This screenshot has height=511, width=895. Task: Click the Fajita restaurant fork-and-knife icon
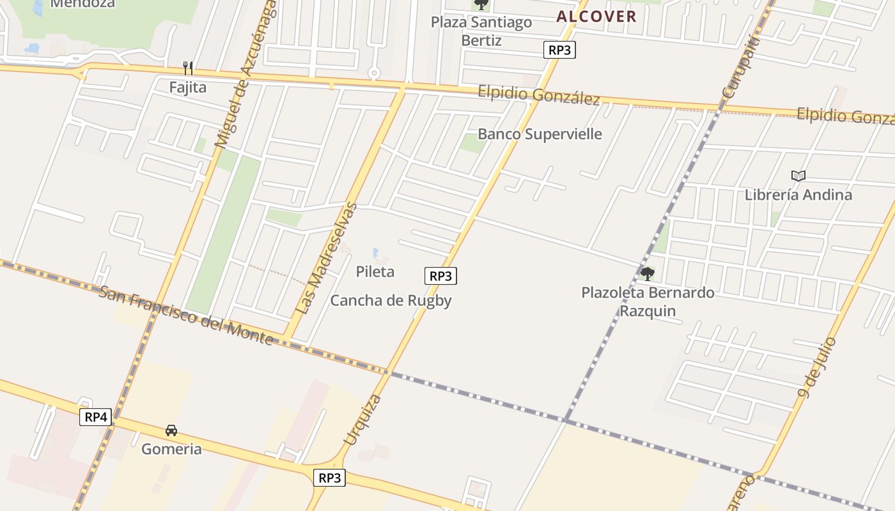[x=188, y=68]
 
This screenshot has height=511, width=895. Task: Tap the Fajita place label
[x=188, y=87]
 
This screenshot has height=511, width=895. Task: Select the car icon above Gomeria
[x=171, y=431]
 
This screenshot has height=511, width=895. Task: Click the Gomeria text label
[x=171, y=449]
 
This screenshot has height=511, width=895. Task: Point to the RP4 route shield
[x=96, y=417]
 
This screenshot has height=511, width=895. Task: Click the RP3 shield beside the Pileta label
[x=441, y=276]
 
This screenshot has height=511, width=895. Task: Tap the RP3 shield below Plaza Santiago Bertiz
[x=559, y=50]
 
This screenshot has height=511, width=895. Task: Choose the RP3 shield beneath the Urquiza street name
[x=329, y=477]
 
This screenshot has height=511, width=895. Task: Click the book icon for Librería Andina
[x=798, y=176]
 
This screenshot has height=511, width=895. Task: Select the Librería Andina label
[x=798, y=195]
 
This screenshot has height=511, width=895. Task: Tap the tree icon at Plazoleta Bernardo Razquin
[x=647, y=274]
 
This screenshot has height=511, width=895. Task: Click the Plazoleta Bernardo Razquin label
[x=648, y=302]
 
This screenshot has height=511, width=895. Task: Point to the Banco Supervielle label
[x=540, y=134]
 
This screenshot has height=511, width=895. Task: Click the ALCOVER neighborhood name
[x=596, y=17]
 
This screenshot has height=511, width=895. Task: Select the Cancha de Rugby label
[x=391, y=301]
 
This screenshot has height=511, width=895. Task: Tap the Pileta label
[x=375, y=271]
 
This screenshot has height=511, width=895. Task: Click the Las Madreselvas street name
[x=327, y=258]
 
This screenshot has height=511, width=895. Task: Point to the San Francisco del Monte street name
[x=186, y=316]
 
